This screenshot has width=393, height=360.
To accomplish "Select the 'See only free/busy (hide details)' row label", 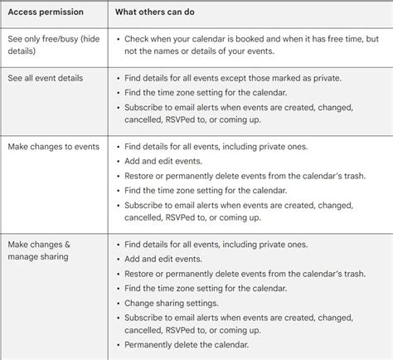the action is coord(53,45).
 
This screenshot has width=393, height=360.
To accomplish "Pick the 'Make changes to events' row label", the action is coord(53,147).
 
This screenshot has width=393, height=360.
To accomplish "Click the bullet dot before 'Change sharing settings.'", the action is coord(119,304).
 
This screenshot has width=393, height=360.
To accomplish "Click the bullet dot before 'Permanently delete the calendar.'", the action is coord(119,345).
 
